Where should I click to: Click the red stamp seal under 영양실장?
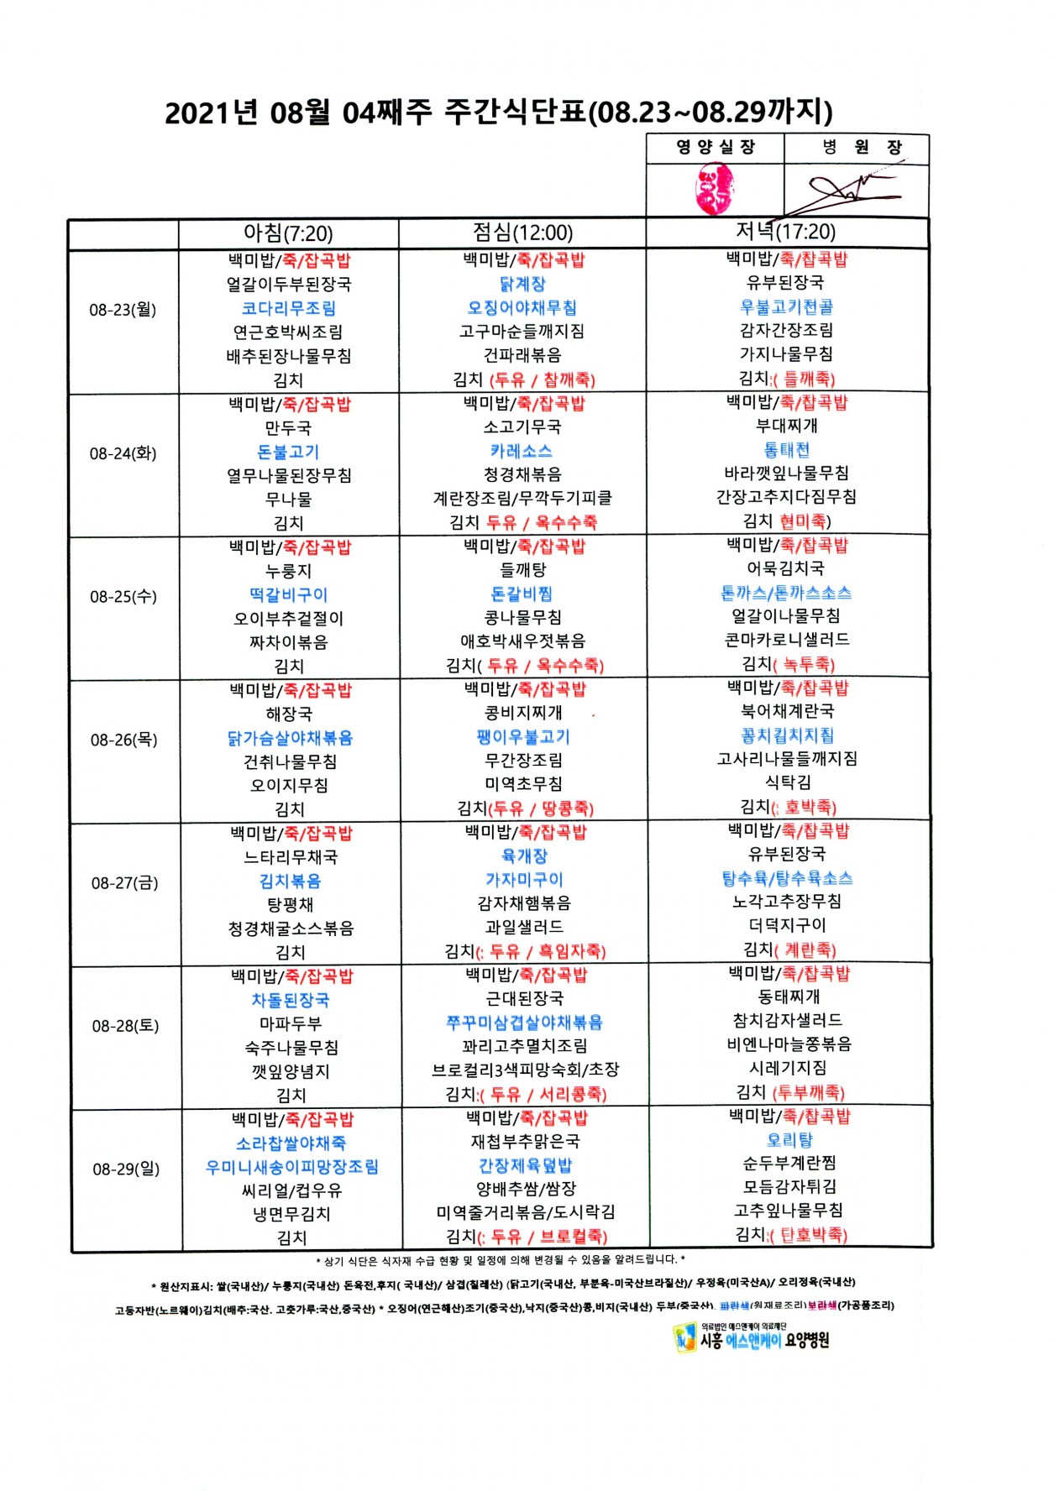pos(715,188)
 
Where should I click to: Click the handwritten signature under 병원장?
pos(848,192)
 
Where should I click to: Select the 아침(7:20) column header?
pos(288,233)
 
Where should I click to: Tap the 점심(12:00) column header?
pos(522,233)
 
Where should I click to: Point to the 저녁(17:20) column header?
pos(786,231)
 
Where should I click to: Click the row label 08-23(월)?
pos(123,310)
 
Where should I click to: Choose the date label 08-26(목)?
pos(124,740)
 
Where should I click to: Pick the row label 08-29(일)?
pos(126,1169)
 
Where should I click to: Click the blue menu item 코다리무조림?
pos(288,309)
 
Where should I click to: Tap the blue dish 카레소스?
pos(522,451)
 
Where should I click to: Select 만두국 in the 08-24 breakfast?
pos(288,428)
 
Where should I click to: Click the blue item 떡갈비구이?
pos(288,595)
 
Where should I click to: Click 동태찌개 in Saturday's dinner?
pos(789,997)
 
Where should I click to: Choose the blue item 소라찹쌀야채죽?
pos(291,1143)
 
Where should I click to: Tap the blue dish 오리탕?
pos(789,1140)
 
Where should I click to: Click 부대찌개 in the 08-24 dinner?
pos(787,426)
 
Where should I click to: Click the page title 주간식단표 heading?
pos(499,112)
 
